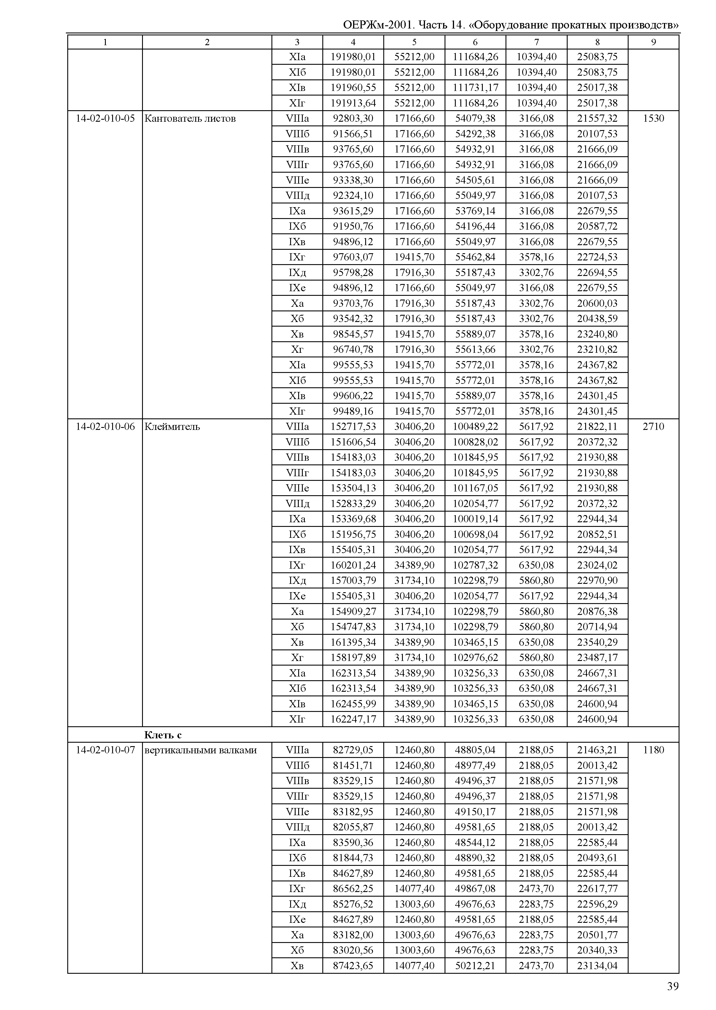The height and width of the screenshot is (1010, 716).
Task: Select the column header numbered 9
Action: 653,42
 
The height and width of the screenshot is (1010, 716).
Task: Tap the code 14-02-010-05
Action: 105,118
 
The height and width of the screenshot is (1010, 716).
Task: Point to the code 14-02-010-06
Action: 105,427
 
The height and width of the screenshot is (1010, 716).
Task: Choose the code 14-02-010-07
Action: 105,750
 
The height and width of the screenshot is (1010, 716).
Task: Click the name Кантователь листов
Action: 190,118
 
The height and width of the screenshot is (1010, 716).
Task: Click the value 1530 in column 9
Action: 653,118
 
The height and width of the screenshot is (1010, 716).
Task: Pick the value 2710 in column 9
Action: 653,427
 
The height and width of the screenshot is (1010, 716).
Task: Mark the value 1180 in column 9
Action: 653,750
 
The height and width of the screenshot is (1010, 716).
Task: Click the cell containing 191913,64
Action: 353,103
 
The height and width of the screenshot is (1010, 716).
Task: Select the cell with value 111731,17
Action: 475,88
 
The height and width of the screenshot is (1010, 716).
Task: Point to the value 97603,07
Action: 353,257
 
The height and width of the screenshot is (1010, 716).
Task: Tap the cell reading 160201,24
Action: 353,565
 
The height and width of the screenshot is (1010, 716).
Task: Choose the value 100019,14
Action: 475,519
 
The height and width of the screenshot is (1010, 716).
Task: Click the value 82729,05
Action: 353,750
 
